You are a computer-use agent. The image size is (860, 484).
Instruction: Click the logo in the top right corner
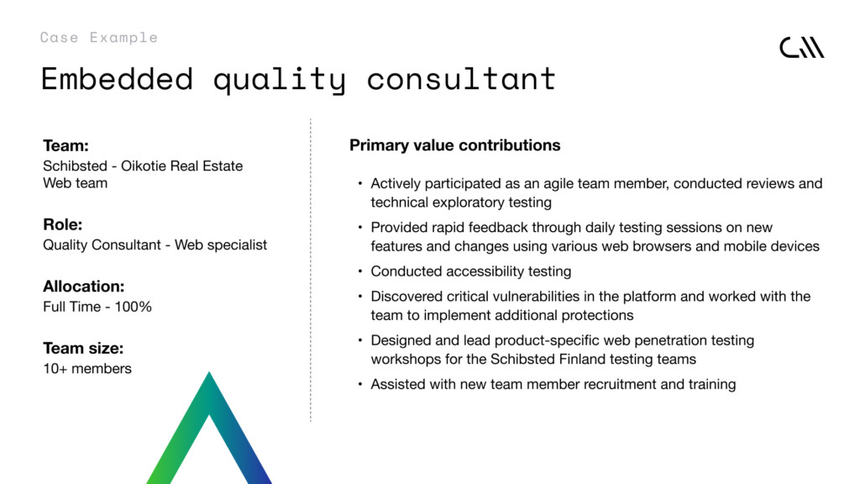(802, 47)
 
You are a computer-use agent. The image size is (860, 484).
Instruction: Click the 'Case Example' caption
(99, 37)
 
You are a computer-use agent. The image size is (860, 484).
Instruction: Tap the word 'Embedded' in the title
(117, 78)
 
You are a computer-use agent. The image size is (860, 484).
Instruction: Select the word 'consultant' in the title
(461, 78)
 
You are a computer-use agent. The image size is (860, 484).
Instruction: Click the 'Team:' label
(66, 145)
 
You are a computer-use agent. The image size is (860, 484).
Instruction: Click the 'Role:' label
(62, 224)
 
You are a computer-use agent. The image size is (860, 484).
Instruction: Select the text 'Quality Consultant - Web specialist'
(155, 245)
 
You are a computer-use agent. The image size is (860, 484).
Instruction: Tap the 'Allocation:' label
(84, 287)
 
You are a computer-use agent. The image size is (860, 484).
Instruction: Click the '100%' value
(133, 307)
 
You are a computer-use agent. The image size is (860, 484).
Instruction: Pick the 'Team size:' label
(83, 349)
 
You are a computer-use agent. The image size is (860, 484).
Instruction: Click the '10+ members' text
(87, 369)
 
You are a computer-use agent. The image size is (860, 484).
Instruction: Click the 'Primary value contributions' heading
(455, 145)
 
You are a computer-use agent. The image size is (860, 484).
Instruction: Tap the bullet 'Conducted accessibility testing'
(471, 271)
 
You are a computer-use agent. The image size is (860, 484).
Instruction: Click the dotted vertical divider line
(311, 270)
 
